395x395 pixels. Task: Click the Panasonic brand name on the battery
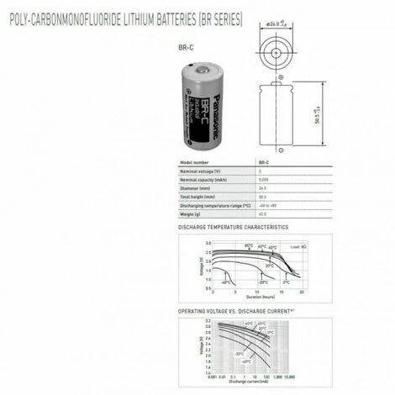pos(208,108)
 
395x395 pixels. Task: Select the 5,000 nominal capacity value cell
pos(263,179)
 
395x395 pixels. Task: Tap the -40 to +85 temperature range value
pos(267,204)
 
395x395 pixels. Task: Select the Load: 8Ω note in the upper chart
pos(293,245)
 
